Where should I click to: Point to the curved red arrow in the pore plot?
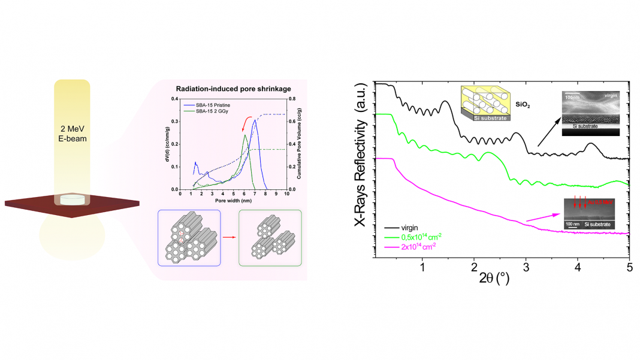pos(246,124)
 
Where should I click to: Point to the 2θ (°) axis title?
pos(494,278)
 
